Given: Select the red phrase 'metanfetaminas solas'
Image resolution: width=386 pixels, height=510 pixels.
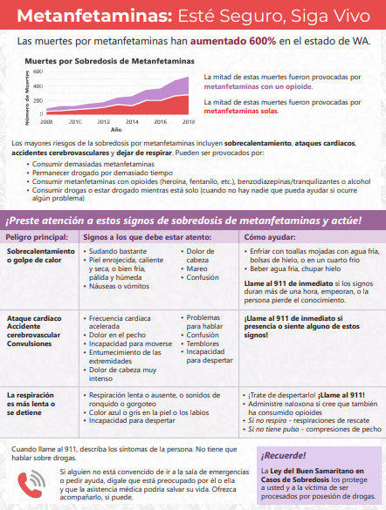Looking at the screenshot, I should [x=241, y=112].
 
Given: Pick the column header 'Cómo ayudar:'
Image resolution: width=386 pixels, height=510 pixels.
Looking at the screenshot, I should [x=270, y=235].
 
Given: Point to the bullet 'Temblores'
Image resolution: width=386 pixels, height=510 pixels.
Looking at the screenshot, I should [x=203, y=343].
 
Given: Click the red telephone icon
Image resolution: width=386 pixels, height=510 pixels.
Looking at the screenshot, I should [x=36, y=479].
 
